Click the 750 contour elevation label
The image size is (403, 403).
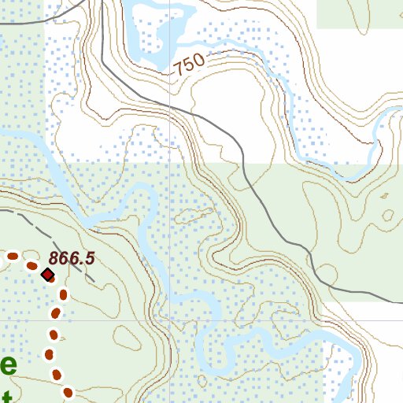[189, 65]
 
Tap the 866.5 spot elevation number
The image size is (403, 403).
[71, 258]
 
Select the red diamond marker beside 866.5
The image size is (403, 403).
[47, 275]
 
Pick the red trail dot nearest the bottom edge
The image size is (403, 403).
[68, 392]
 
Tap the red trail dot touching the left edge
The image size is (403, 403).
[13, 256]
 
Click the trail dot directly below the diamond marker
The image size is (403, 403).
[61, 294]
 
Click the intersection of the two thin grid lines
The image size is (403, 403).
[169, 162]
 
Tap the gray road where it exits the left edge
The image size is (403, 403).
[2, 24]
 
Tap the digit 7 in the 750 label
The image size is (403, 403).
[179, 69]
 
